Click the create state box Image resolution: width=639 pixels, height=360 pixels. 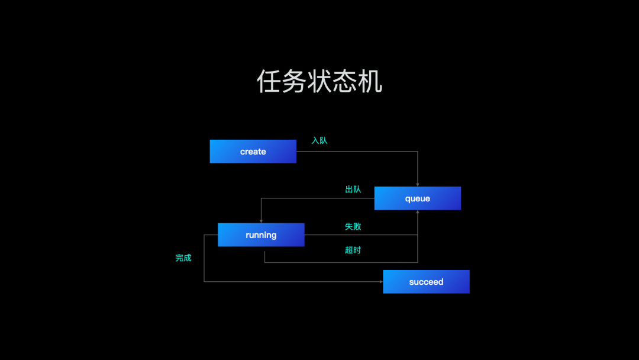pos(253,151)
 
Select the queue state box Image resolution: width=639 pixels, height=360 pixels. pos(417,198)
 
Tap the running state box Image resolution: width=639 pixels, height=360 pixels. pos(261,235)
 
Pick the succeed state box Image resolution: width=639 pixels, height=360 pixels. pos(426,282)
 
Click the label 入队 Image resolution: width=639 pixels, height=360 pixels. pos(319,141)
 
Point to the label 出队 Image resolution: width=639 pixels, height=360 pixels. pos(353,189)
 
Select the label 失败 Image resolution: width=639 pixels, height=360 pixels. pos(353,226)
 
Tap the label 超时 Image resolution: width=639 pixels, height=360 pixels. pos(353,250)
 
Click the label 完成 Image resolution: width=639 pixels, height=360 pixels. pos(183,258)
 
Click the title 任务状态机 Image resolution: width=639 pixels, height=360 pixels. pos(319,81)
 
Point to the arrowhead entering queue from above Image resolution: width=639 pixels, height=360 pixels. pos(418,185)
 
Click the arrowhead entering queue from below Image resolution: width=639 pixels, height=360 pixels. pos(418,212)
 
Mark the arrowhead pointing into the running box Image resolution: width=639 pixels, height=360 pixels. pos(262,221)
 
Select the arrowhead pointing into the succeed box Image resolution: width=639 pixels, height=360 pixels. pos(381,282)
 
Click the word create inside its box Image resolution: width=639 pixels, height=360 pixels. pos(253,152)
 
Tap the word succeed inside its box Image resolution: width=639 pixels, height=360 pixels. pos(426,282)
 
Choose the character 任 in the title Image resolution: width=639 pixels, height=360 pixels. pos(269,81)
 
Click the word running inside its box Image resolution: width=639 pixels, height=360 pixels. pos(262,235)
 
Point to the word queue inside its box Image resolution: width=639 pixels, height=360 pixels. pos(418,199)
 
